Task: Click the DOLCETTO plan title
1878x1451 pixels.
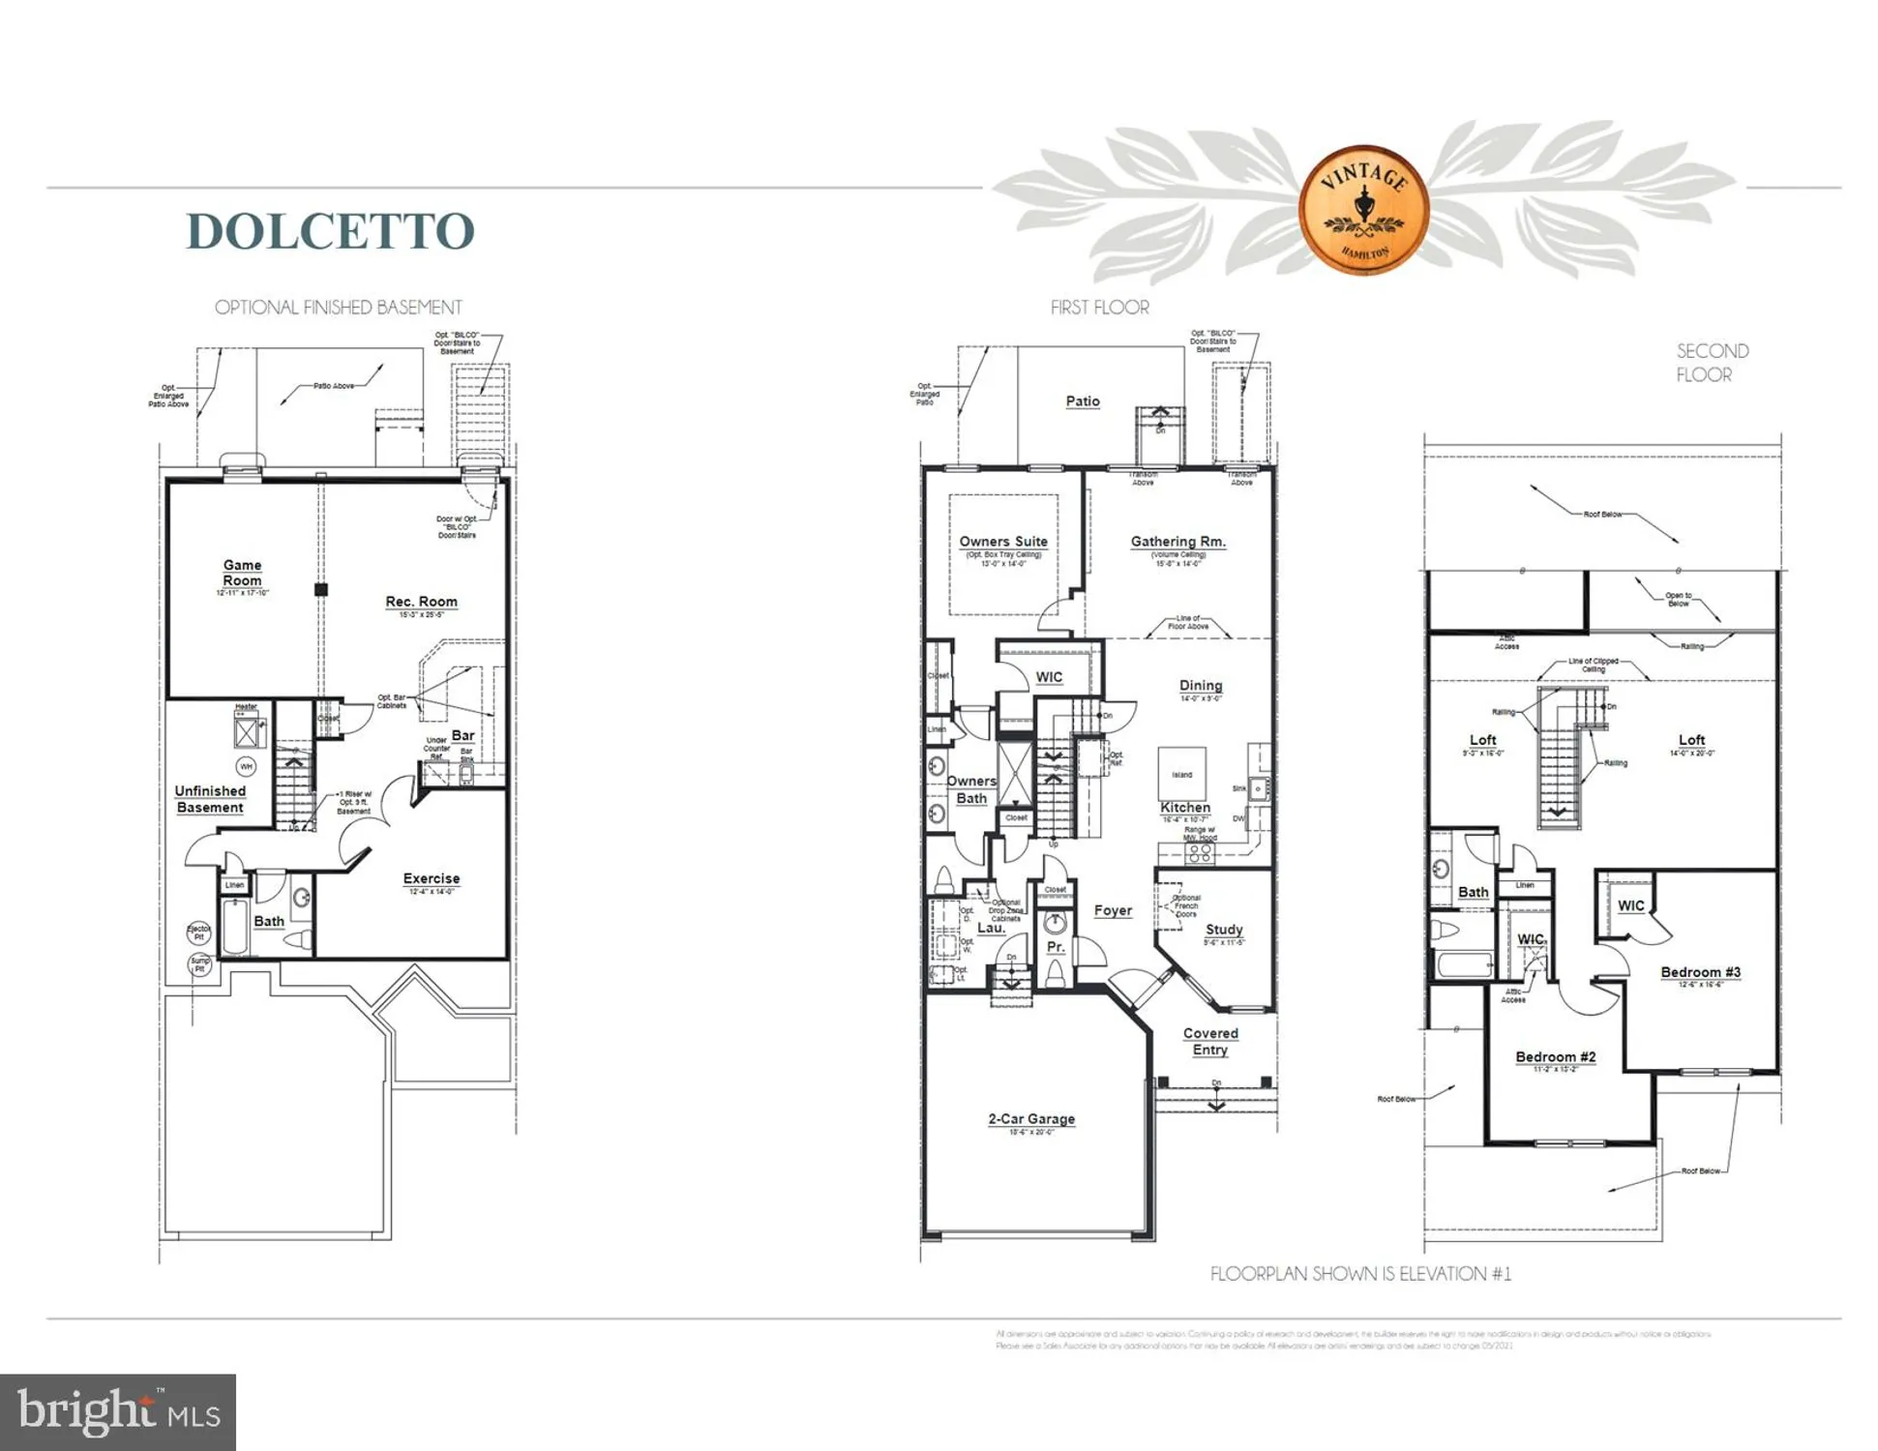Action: pyautogui.click(x=330, y=231)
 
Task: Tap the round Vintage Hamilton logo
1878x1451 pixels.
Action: pyautogui.click(x=1364, y=210)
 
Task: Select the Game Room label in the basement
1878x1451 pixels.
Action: pyautogui.click(x=242, y=573)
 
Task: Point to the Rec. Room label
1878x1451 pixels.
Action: pyautogui.click(x=421, y=602)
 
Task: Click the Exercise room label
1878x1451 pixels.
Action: pyautogui.click(x=432, y=878)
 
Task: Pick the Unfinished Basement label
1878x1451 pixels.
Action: pyautogui.click(x=210, y=799)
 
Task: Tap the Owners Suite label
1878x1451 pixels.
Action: pyautogui.click(x=1003, y=542)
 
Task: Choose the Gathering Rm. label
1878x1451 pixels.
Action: pyautogui.click(x=1177, y=542)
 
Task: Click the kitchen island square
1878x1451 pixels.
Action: pyautogui.click(x=1182, y=773)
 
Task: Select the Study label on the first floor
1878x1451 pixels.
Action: pyautogui.click(x=1224, y=930)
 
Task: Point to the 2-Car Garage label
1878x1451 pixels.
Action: pyautogui.click(x=1031, y=1119)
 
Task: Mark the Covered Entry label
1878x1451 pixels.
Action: pyautogui.click(x=1210, y=1042)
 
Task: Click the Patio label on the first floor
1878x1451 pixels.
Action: pyautogui.click(x=1083, y=401)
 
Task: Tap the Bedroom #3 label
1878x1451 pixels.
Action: pyautogui.click(x=1701, y=972)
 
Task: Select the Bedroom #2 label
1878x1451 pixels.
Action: pyautogui.click(x=1556, y=1057)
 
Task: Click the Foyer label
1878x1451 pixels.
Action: pyautogui.click(x=1113, y=910)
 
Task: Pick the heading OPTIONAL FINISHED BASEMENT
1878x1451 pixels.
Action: pyautogui.click(x=339, y=308)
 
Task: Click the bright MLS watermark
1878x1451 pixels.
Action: pyautogui.click(x=118, y=1412)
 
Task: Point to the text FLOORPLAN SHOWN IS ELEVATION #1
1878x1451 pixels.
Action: pyautogui.click(x=1360, y=1274)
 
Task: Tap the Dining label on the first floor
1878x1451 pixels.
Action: pyautogui.click(x=1201, y=686)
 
